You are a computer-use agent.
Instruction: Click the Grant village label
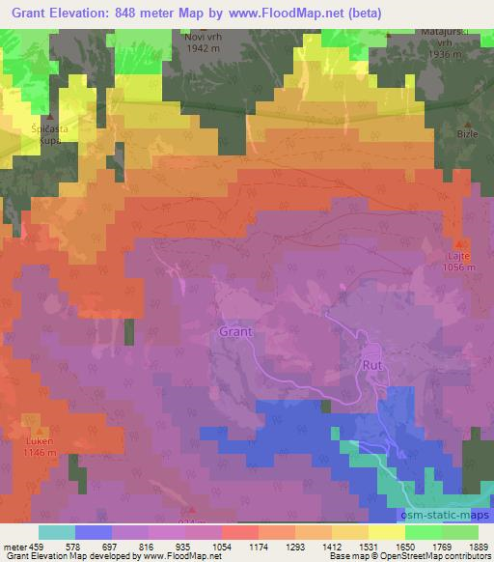click(235, 331)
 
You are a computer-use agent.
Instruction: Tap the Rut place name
click(372, 365)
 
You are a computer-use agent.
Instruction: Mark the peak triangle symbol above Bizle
click(470, 125)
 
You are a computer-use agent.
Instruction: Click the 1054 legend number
click(221, 547)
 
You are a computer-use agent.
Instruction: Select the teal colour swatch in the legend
click(57, 532)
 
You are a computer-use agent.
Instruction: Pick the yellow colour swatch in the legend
click(386, 532)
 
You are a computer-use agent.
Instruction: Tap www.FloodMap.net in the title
click(293, 14)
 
